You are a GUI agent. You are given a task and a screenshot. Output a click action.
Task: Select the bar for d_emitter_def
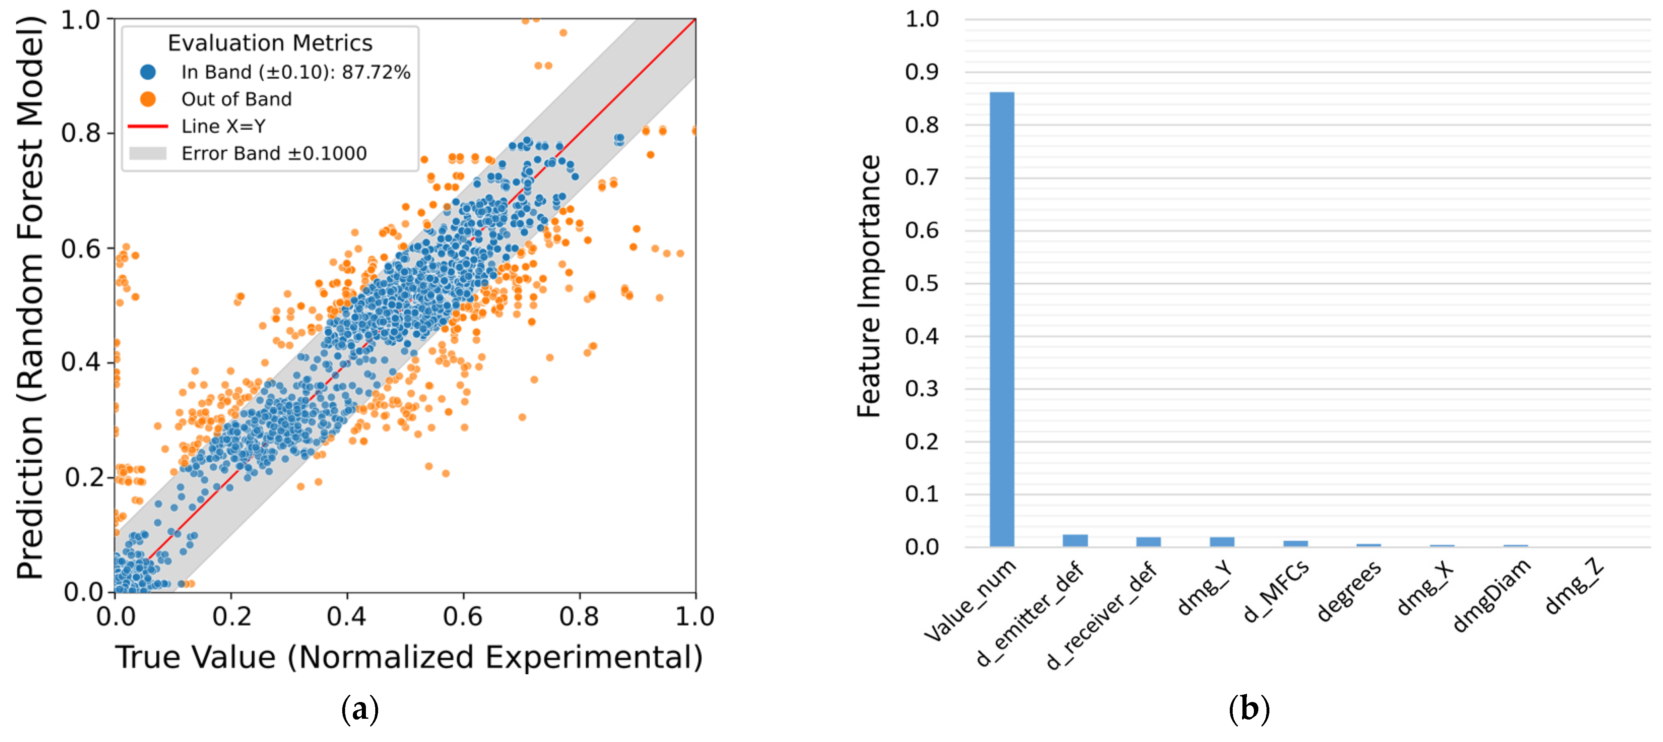[1075, 540]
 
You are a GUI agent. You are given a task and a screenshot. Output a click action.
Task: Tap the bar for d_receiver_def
[1149, 542]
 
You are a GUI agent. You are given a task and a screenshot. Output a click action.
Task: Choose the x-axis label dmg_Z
[1573, 586]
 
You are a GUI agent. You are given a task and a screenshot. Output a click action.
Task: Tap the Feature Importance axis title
[869, 286]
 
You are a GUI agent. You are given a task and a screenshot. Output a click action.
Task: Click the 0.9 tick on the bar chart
[922, 72]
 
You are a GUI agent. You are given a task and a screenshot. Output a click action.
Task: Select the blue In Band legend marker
[148, 72]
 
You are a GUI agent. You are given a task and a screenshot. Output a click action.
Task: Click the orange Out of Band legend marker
[148, 99]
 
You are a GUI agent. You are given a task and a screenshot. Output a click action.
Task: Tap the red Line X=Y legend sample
[148, 126]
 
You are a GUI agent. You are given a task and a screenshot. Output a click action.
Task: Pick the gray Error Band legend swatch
[148, 153]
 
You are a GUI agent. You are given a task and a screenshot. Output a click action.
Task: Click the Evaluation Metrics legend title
[270, 42]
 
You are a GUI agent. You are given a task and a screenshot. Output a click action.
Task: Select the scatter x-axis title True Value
[409, 658]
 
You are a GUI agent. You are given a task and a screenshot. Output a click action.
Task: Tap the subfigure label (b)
[1249, 709]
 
